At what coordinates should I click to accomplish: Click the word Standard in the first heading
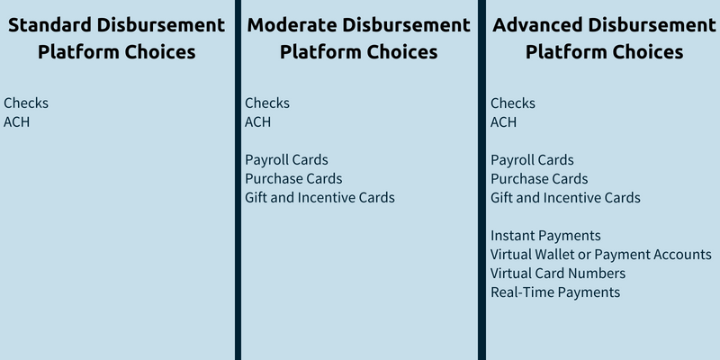tap(50, 25)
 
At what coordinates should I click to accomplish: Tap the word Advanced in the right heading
tap(537, 25)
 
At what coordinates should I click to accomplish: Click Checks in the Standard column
tap(26, 103)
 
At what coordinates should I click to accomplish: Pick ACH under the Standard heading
tap(16, 122)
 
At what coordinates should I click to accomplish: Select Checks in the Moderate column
tap(267, 103)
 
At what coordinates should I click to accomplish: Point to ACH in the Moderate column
tap(257, 122)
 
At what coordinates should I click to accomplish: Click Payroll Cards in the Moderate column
tap(286, 160)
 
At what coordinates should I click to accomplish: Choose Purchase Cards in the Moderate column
tap(293, 178)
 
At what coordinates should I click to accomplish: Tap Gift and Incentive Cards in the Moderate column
tap(319, 197)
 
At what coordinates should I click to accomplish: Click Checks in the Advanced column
tap(513, 103)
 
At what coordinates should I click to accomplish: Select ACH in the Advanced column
tap(503, 122)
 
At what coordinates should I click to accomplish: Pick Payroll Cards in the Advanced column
tap(532, 160)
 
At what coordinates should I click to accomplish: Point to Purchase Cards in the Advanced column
tap(539, 178)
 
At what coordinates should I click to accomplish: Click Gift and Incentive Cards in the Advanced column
tap(565, 197)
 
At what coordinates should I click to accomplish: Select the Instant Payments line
tap(545, 236)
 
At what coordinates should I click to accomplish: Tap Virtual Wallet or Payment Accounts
tap(601, 255)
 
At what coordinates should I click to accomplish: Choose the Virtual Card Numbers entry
tap(558, 274)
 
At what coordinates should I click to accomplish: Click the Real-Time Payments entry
tap(555, 292)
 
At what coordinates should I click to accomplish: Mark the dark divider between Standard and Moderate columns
tap(238, 180)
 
